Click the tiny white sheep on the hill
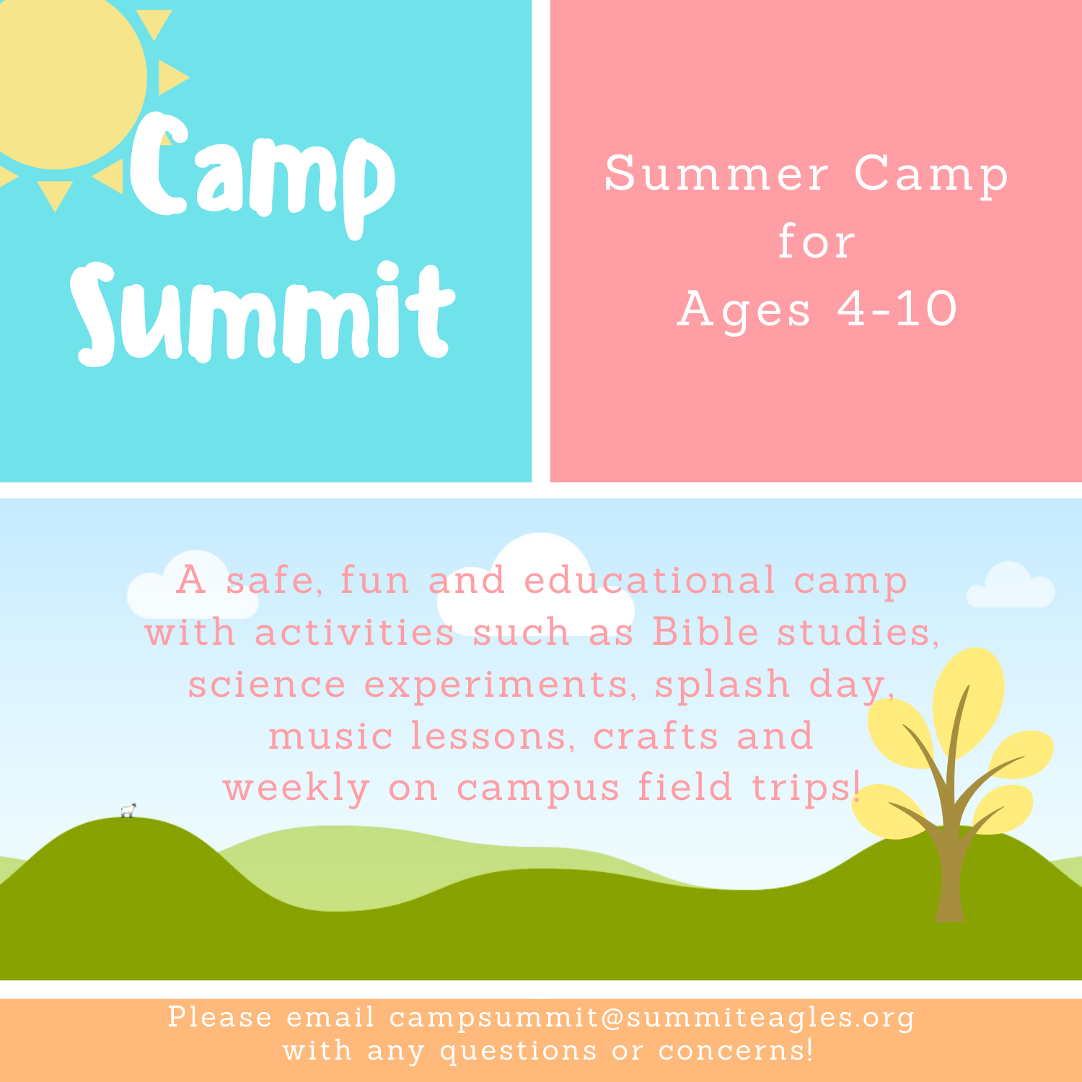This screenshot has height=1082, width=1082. tap(128, 810)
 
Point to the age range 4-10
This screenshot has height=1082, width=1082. tap(897, 309)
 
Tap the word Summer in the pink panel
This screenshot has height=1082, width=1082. tap(717, 174)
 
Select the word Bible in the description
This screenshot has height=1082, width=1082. tap(705, 633)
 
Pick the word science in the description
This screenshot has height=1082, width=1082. tap(267, 685)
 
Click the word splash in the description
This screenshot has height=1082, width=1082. tap(722, 685)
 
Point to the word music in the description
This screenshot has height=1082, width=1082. tap(330, 736)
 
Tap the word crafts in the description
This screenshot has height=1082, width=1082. tap(656, 736)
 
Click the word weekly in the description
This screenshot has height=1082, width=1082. tap(296, 788)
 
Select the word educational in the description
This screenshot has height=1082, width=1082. tap(649, 581)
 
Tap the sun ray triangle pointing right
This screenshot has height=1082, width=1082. tap(172, 77)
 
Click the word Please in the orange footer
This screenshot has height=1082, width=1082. tap(220, 1017)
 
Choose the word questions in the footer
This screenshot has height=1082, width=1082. tap(519, 1051)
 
